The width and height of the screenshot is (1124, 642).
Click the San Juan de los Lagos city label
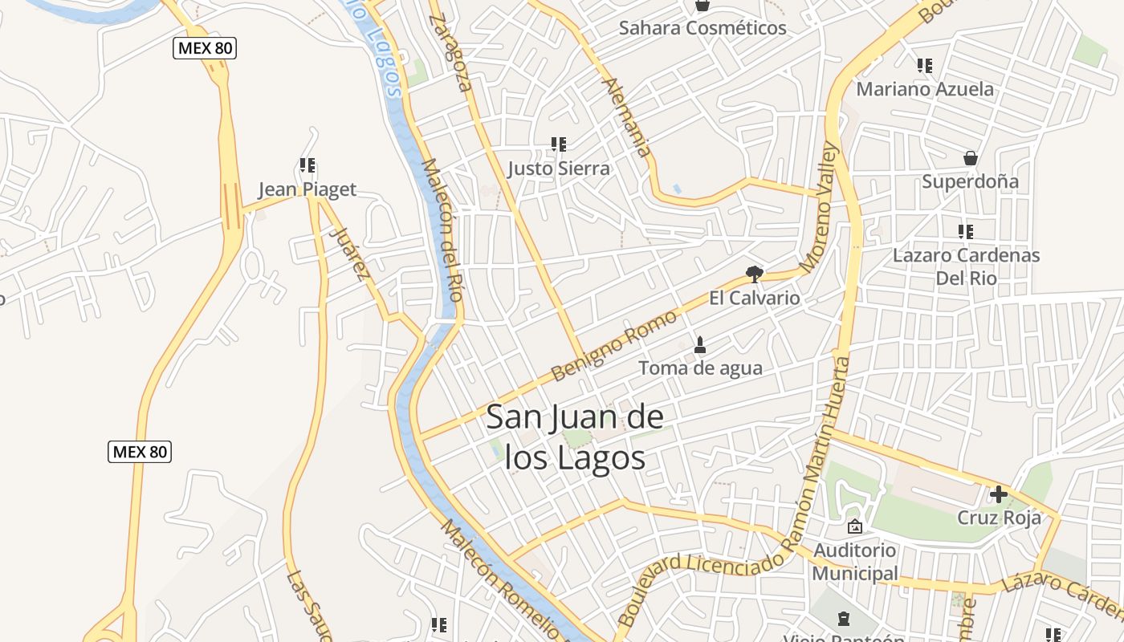point(575,437)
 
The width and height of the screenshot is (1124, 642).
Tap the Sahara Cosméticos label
point(702,28)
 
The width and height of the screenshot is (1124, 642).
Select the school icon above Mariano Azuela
point(925,66)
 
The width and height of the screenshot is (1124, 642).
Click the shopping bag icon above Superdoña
point(971,158)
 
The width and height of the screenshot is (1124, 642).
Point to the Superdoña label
point(970,181)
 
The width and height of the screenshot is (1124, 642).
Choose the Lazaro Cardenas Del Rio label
point(966,266)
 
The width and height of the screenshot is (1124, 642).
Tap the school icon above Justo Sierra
point(559,145)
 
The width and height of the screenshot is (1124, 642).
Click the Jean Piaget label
point(307,189)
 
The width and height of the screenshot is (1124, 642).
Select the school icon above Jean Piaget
point(307,166)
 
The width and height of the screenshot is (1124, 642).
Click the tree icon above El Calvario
point(754,274)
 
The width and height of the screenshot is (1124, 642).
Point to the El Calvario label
point(754,299)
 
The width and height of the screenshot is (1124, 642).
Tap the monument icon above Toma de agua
point(700,345)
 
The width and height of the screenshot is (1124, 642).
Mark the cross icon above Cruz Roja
point(999,494)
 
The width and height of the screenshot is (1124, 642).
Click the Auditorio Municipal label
point(854,562)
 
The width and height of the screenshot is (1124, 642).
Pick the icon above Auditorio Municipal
point(854,526)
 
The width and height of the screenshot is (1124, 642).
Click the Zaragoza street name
point(450,52)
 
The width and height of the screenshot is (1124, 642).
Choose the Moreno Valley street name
point(819,206)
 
